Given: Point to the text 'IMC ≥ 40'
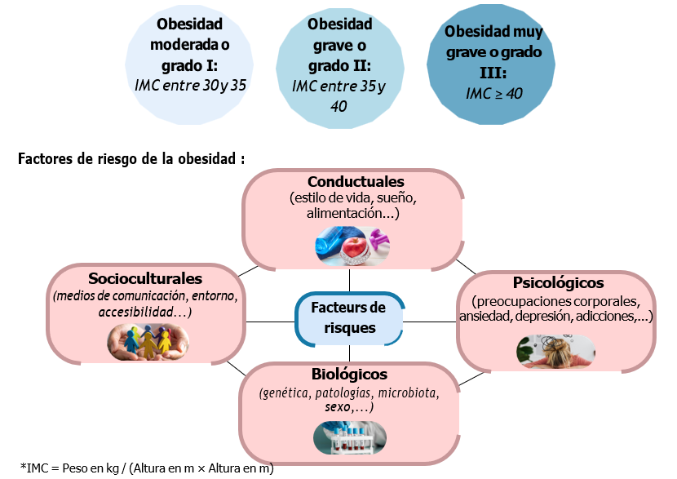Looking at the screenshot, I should (493, 94).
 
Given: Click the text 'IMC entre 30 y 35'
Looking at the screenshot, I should (190, 84).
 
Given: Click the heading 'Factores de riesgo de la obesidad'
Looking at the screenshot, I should (131, 157).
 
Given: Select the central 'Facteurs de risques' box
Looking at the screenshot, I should (348, 318).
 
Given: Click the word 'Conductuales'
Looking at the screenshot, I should (356, 181).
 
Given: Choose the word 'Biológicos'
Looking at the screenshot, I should (349, 375).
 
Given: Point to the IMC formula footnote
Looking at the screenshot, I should (147, 468).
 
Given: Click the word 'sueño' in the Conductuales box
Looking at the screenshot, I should (396, 197).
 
